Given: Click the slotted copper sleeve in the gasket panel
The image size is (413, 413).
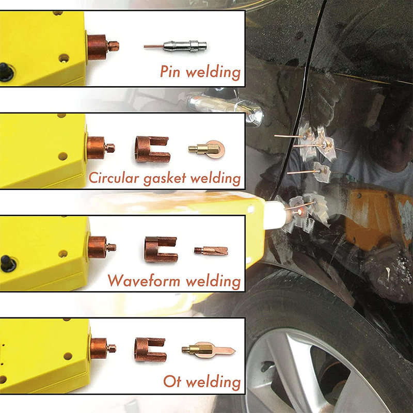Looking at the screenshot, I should coord(152,149).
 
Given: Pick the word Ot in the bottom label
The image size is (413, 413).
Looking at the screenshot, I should coord(172,382).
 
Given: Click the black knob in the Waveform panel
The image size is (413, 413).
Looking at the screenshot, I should coord(6,264).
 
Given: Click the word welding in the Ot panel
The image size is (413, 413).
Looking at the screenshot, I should coord(213,382).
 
